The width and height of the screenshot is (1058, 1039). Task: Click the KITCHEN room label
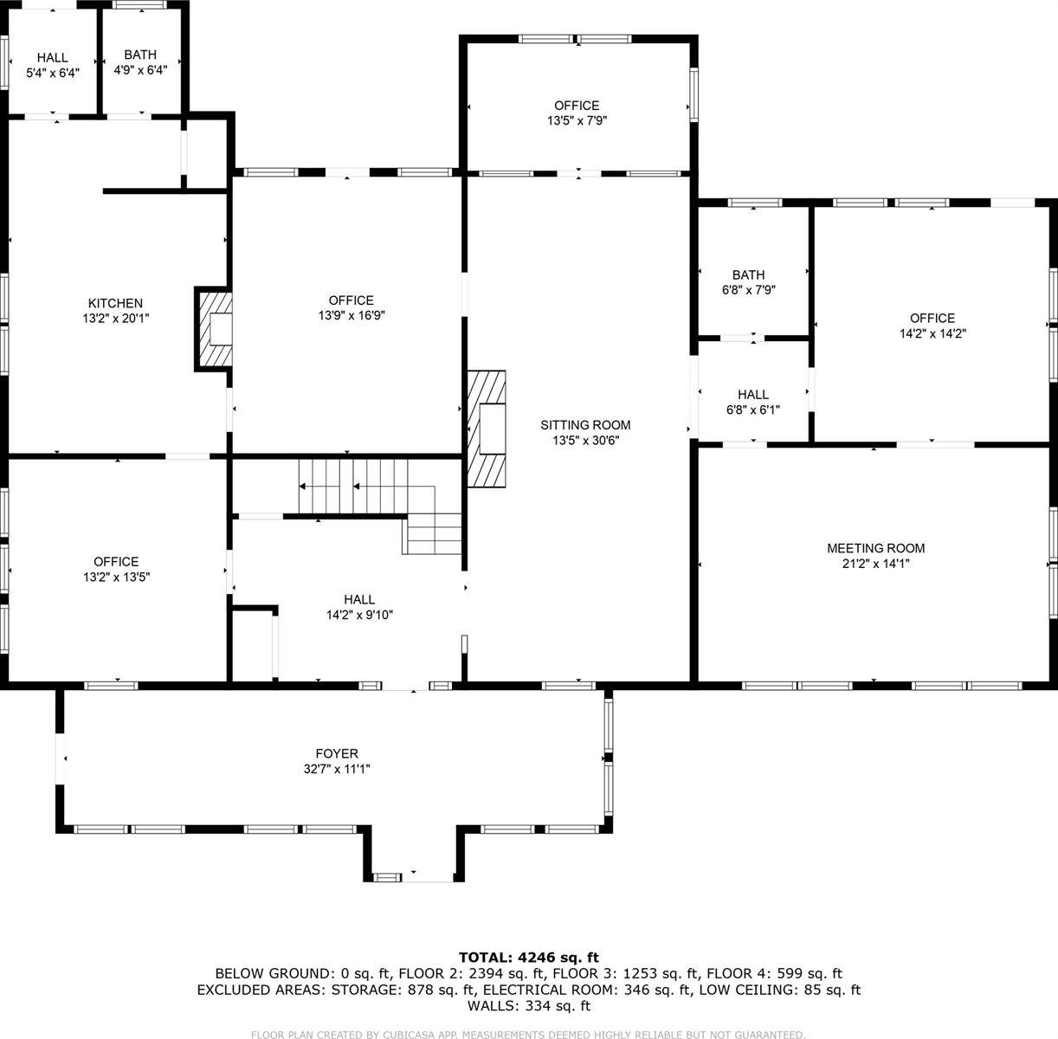[115, 303]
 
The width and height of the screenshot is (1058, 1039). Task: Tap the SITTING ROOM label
[585, 425]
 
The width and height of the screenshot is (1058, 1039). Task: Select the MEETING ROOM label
[875, 548]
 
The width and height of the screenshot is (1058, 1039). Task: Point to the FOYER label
[337, 754]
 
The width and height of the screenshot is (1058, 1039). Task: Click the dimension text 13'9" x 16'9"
[351, 316]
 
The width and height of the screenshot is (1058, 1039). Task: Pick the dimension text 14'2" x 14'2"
[932, 333]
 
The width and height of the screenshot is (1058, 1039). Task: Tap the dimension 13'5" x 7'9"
[577, 121]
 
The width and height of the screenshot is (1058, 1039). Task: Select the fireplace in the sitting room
[487, 428]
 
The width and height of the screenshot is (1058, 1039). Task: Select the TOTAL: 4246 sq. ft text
[528, 957]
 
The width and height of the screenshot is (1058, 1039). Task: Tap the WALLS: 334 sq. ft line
[528, 1006]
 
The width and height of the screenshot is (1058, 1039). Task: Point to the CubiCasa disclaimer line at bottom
[528, 1034]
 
